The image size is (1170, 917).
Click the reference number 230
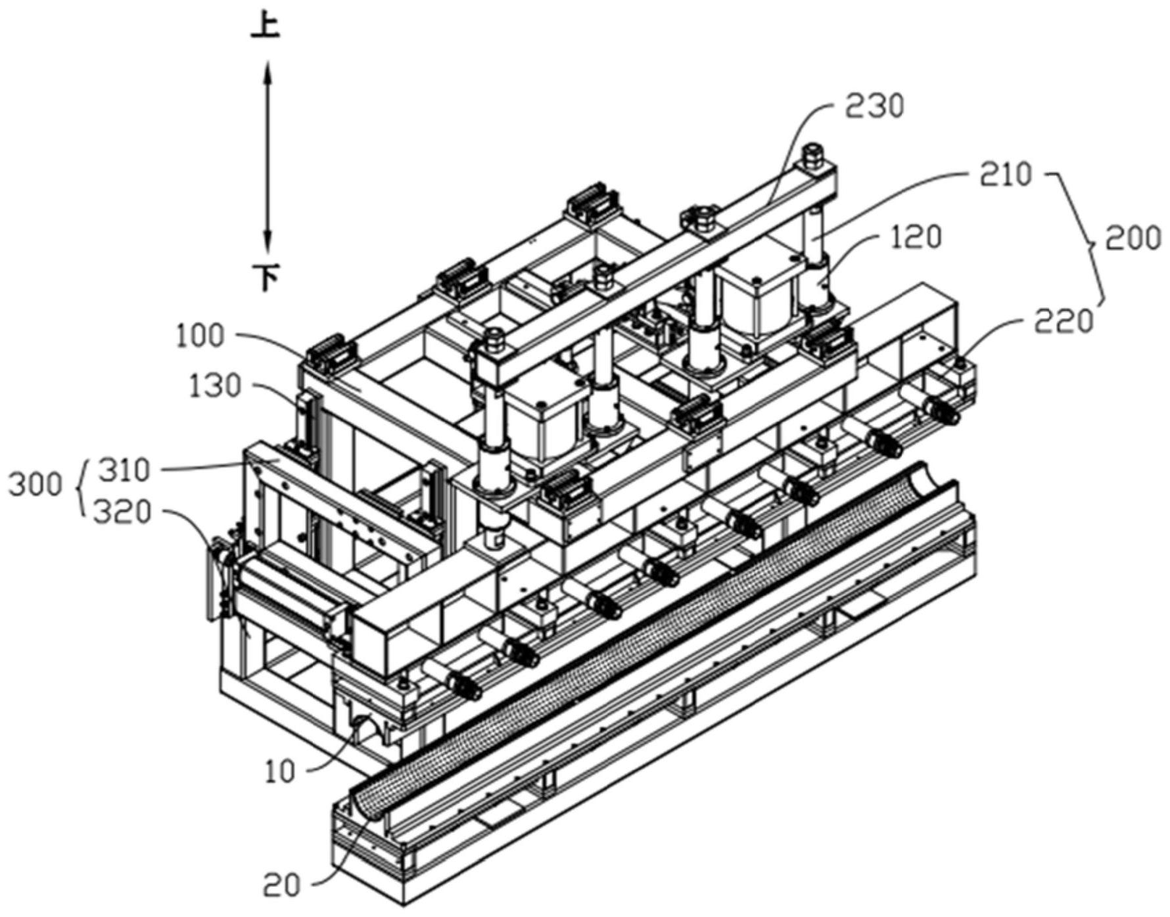tap(874, 106)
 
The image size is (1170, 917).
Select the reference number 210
tap(1006, 175)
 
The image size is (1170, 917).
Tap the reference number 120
tap(916, 237)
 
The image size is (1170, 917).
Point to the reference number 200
tap(1133, 238)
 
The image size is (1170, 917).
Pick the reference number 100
tap(200, 336)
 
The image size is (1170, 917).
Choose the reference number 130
tap(215, 387)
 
